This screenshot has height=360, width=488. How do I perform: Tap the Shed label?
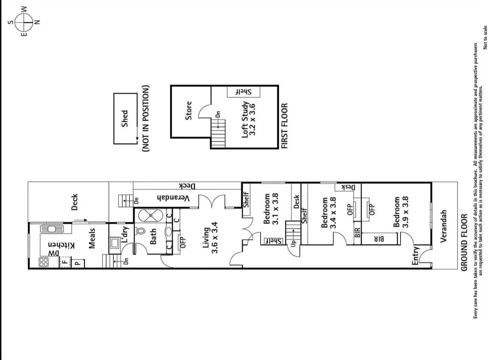[x=125, y=118]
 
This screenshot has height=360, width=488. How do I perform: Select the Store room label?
[x=189, y=111]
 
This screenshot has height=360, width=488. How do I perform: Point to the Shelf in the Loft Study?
[x=243, y=92]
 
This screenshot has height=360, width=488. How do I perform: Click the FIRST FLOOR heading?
[x=284, y=126]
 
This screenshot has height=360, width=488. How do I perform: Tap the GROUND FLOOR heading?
[x=465, y=242]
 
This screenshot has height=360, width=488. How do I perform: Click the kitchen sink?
[x=51, y=229]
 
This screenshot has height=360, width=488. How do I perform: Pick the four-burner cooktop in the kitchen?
[x=44, y=262]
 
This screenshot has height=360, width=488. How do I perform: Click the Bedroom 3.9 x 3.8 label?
[x=400, y=212]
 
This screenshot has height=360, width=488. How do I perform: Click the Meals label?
[x=92, y=238]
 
